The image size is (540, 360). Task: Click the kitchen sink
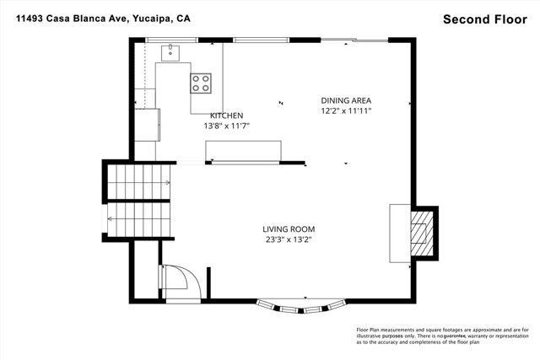[170, 53]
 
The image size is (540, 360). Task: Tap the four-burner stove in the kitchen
[201, 83]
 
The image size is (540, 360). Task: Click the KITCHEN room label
[227, 116]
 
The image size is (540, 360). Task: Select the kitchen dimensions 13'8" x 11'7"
[226, 126]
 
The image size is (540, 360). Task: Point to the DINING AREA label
[346, 100]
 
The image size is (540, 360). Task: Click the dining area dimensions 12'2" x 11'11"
[346, 110]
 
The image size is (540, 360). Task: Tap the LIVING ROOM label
[287, 228]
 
